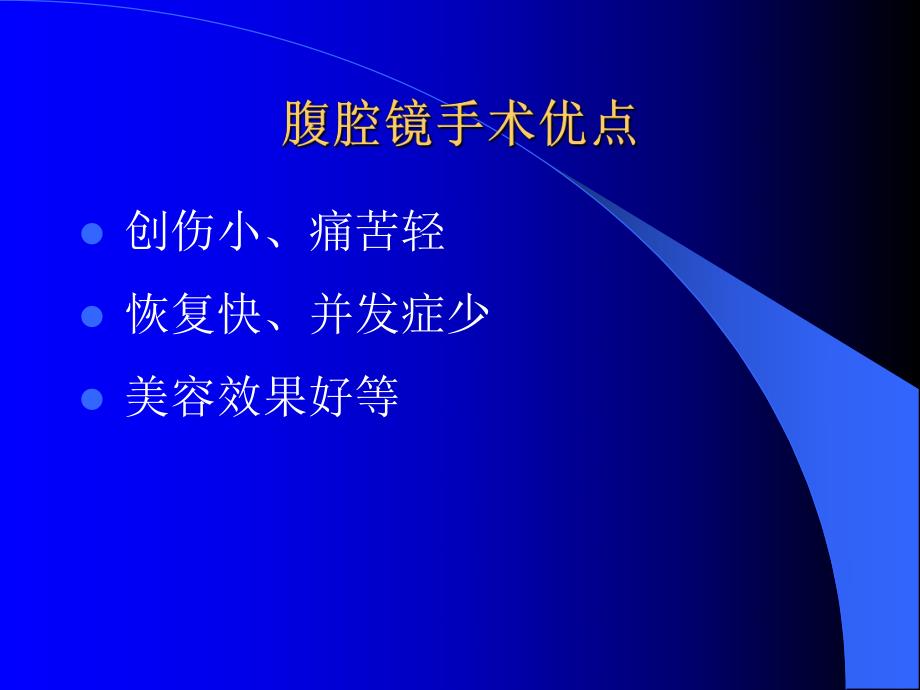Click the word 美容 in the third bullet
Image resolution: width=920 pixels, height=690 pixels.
point(171,396)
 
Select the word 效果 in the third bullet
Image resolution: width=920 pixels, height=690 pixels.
point(262,396)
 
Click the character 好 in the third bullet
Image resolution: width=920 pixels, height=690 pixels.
point(330,396)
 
